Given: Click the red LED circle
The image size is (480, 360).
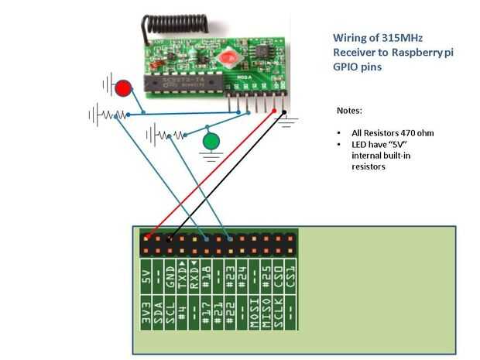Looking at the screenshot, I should [x=122, y=87].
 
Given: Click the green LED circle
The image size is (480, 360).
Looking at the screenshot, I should [x=211, y=142].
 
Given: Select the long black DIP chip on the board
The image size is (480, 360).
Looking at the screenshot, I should [x=183, y=81].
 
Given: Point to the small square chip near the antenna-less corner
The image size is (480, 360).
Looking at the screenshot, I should [x=264, y=50].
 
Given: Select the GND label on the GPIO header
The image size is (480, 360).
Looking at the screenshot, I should [x=171, y=279].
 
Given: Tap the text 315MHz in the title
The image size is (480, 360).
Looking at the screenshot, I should [x=394, y=37].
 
